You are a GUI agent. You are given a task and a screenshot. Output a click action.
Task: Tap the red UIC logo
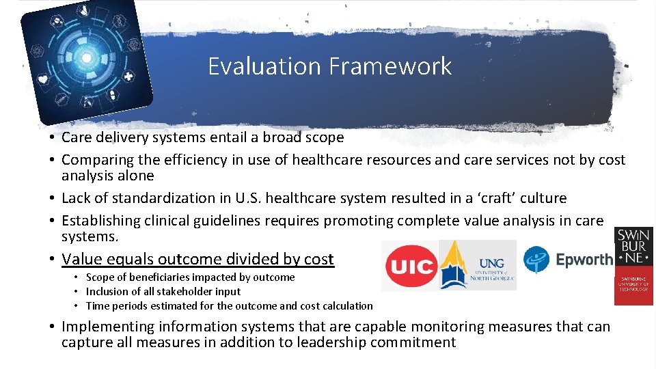coord(411,266)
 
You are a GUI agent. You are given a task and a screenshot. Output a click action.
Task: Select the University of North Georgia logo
coord(478,265)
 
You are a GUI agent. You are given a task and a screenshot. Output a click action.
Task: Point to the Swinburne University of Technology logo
coord(633,265)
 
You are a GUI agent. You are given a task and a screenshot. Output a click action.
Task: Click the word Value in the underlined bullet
coord(79,259)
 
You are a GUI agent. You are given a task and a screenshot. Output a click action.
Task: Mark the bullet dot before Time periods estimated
coord(78,306)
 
